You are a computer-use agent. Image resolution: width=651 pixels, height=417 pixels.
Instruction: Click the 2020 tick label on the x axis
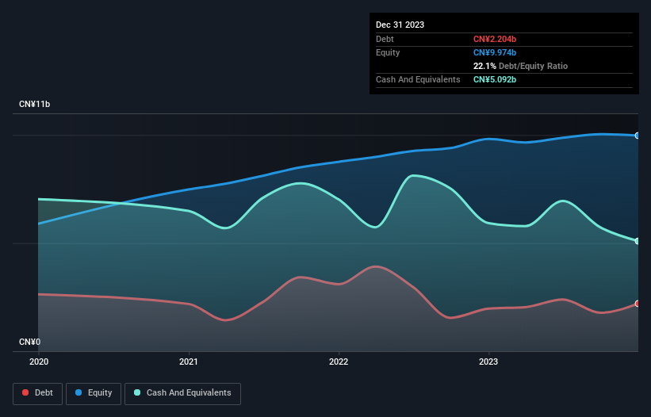38,362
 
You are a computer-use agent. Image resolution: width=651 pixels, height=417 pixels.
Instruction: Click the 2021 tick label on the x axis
189,362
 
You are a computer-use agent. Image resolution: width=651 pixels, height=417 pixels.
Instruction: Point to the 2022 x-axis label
339,362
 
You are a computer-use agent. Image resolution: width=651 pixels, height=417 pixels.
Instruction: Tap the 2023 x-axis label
488,362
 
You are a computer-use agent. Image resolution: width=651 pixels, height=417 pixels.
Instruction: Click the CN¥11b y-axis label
35,105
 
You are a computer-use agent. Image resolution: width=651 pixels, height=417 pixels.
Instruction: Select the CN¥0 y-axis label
29,342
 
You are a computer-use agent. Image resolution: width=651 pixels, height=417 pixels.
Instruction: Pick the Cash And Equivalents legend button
182,393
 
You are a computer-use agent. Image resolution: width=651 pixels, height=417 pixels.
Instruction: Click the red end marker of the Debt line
638,304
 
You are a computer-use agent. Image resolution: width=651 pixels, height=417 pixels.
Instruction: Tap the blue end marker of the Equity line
638,136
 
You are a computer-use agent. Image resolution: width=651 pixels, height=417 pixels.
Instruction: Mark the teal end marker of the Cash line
638,241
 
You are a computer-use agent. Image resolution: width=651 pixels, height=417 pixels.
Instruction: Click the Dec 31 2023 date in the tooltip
400,25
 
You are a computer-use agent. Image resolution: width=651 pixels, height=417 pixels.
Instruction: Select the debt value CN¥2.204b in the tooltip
495,39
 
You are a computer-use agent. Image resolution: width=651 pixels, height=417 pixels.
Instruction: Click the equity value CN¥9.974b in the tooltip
495,52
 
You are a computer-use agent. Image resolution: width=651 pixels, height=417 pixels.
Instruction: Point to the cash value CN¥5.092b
495,79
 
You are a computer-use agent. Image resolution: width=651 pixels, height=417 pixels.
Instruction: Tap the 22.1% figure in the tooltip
484,66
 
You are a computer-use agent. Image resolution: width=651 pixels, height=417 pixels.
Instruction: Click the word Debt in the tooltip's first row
385,39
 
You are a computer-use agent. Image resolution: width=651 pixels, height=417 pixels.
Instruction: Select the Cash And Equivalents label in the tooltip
418,79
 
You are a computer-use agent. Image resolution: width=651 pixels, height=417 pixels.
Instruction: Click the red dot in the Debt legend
26,393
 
